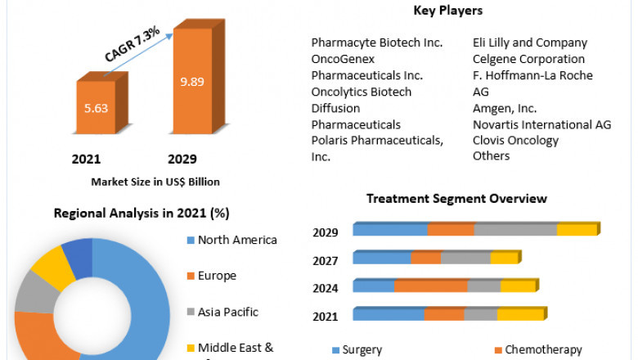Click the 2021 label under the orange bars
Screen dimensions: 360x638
(87, 159)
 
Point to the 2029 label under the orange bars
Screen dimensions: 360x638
(182, 159)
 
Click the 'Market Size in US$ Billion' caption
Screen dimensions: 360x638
(155, 182)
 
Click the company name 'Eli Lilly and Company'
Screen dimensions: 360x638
(529, 43)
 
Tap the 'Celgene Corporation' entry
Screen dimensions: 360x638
(528, 59)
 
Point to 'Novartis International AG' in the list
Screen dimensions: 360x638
(541, 124)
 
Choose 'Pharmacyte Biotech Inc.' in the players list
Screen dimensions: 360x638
(377, 43)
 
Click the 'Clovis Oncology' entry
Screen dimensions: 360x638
(515, 140)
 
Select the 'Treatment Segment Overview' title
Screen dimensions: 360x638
(456, 199)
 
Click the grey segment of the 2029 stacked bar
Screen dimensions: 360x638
(515, 230)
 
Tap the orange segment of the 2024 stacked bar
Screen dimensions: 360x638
(430, 286)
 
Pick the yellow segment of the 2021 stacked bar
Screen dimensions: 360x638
(520, 314)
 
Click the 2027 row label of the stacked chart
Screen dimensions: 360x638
(326, 260)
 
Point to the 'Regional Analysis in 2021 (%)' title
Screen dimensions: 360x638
(142, 213)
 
